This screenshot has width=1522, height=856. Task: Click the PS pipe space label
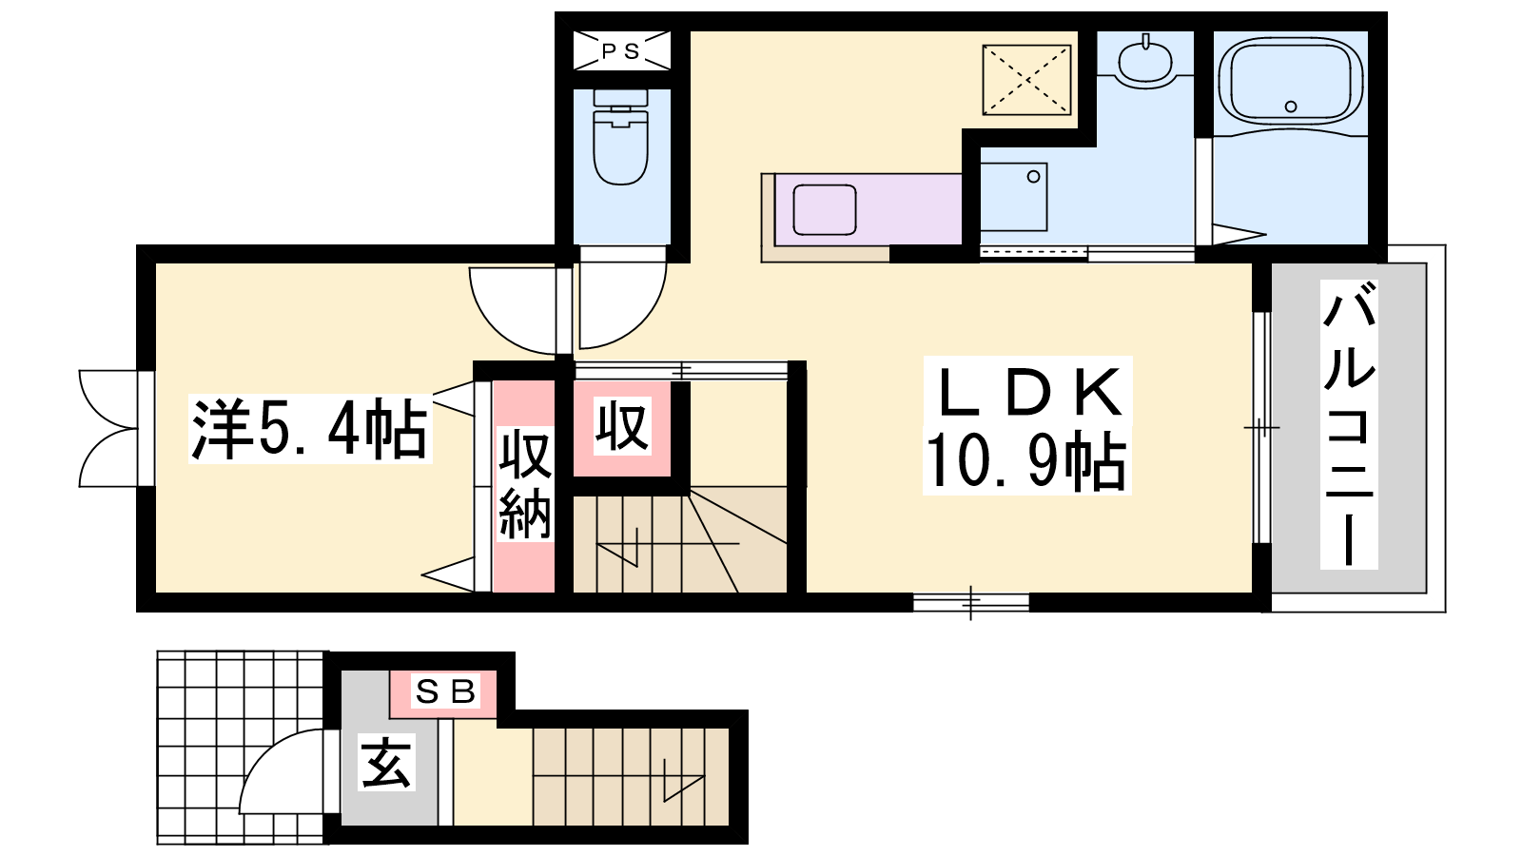(x=621, y=51)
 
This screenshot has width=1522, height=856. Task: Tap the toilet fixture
(x=620, y=137)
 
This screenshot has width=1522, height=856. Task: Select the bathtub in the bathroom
(x=1291, y=82)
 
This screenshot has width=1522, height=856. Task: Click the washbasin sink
(x=1145, y=63)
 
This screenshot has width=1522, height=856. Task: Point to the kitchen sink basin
(x=824, y=209)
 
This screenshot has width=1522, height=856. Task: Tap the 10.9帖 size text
(x=1026, y=460)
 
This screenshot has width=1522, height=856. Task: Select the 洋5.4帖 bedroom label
(x=310, y=429)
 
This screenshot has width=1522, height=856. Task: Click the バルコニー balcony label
(x=1349, y=424)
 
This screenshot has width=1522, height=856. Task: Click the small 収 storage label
(x=622, y=426)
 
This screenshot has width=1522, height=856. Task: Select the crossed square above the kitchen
(x=1026, y=80)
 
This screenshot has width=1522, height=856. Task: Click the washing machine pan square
(x=1013, y=196)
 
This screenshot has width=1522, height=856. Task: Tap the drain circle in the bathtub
(x=1291, y=107)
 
